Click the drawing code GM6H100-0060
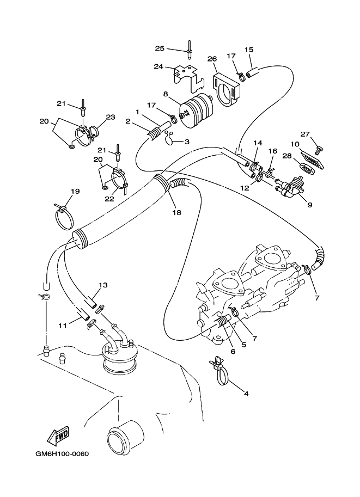click(62, 455)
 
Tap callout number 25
click(159, 48)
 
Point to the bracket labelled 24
click(185, 76)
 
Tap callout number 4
click(246, 394)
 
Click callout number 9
click(309, 205)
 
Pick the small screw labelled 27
click(319, 147)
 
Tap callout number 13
click(103, 285)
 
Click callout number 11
click(63, 325)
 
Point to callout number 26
click(212, 58)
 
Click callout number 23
click(111, 116)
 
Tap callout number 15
click(249, 50)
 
